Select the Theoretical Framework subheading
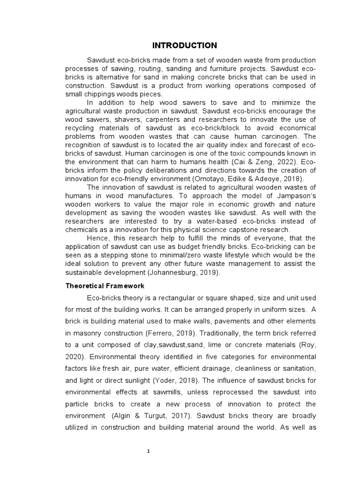(x=114, y=285)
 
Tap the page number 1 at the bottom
(x=148, y=451)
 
